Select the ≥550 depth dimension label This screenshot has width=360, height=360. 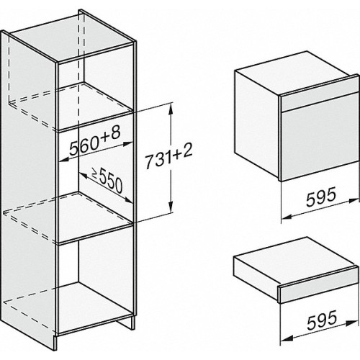pos(107,181)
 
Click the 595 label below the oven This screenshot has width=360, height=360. pos(321,197)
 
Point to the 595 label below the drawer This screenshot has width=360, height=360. pos(322,320)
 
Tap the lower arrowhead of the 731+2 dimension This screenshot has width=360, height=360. pos(171,207)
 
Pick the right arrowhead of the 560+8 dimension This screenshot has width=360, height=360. pos(127,144)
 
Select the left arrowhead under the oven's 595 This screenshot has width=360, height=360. pos(287,217)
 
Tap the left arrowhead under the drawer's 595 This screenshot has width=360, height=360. pos(287,338)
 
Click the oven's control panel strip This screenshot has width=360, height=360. pos(320,99)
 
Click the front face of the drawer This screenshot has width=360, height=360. pos(319,287)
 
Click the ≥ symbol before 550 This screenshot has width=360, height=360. pos(95,174)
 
